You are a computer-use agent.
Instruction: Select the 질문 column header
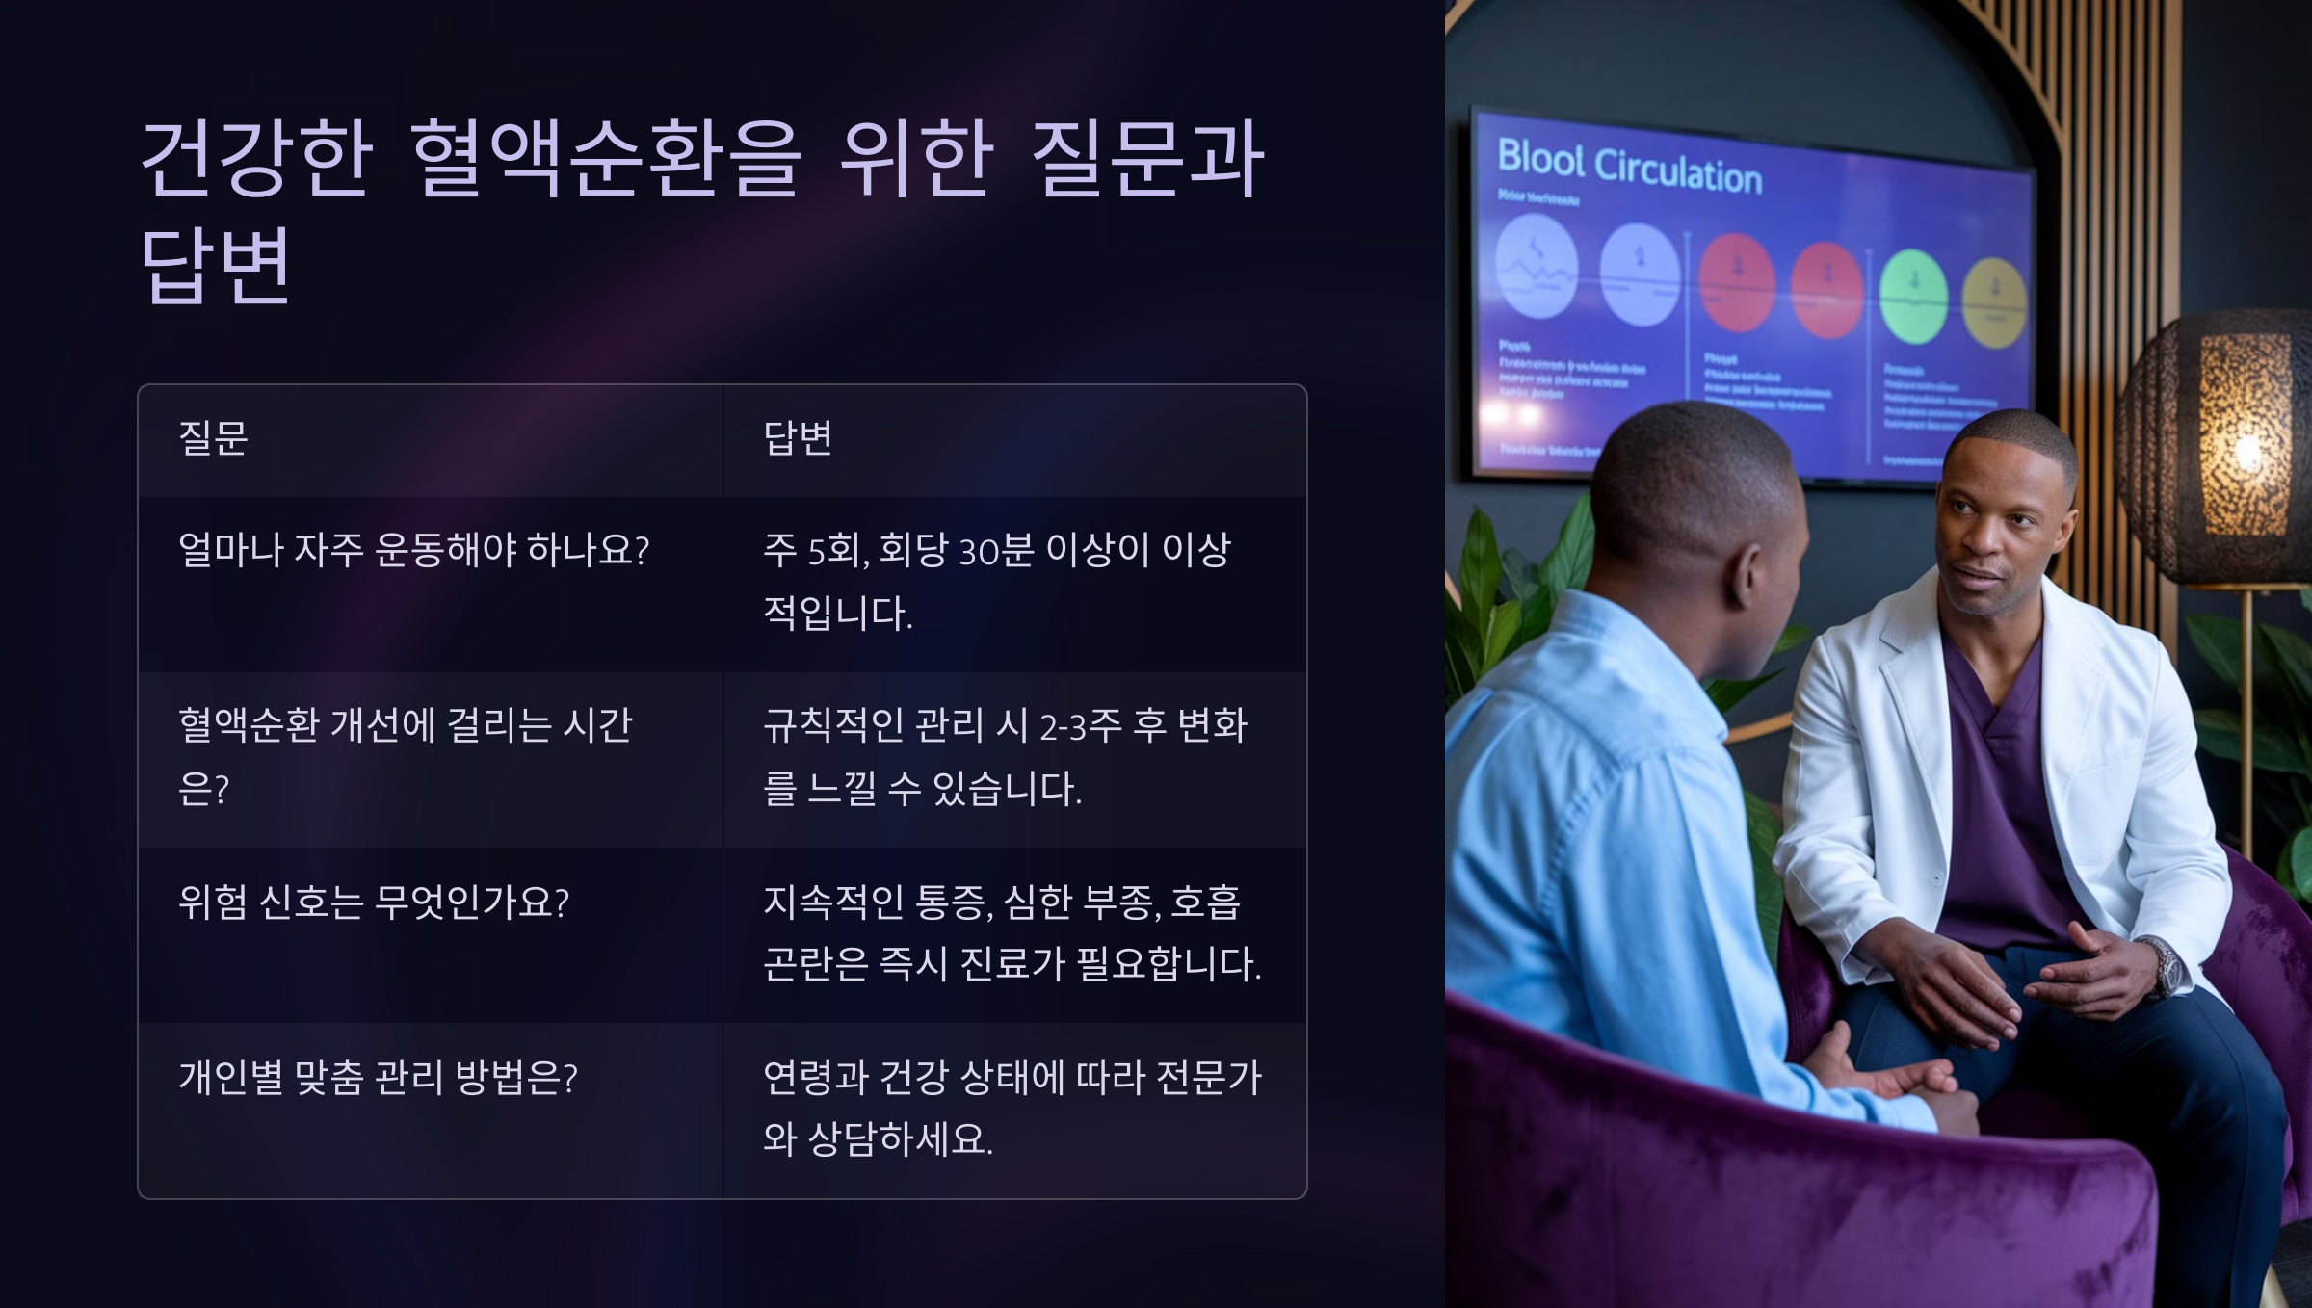[x=213, y=438]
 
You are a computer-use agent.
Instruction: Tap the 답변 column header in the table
[x=798, y=438]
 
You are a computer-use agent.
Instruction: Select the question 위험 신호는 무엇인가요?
[x=374, y=903]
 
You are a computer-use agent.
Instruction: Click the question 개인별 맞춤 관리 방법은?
[x=378, y=1078]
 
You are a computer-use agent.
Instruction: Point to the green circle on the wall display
[x=1913, y=296]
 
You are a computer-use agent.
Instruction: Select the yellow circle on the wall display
[x=1994, y=301]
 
